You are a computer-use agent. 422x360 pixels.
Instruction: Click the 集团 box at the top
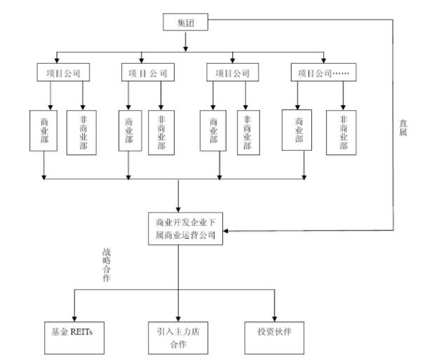[186, 22]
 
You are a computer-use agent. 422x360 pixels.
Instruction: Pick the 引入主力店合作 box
[179, 335]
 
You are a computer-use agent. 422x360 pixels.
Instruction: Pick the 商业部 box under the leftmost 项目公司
[43, 129]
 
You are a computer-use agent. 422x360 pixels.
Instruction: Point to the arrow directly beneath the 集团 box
[186, 46]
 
